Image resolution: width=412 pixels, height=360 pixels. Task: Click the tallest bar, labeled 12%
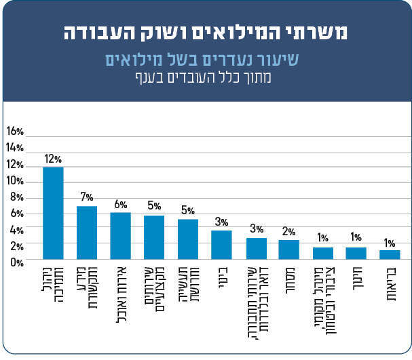[x=53, y=213]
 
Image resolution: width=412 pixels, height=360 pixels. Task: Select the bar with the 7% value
[x=87, y=233]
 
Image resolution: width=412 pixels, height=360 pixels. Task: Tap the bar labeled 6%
[x=120, y=236]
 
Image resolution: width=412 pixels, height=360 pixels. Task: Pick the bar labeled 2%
[x=288, y=249]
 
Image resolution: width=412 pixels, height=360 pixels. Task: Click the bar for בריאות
[x=390, y=254]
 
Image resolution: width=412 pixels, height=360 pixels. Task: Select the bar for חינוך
[x=356, y=253]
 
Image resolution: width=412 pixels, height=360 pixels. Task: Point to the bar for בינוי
[x=221, y=245]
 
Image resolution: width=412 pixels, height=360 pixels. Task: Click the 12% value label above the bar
[x=53, y=159]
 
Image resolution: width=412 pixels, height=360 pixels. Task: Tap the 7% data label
[x=86, y=197]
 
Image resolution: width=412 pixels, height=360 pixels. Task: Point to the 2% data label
[x=288, y=231]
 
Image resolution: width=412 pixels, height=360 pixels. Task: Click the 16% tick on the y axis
[x=15, y=131]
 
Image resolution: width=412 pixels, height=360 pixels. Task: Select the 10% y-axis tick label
[x=15, y=181]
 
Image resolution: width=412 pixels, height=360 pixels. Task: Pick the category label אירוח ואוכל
[x=120, y=291]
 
